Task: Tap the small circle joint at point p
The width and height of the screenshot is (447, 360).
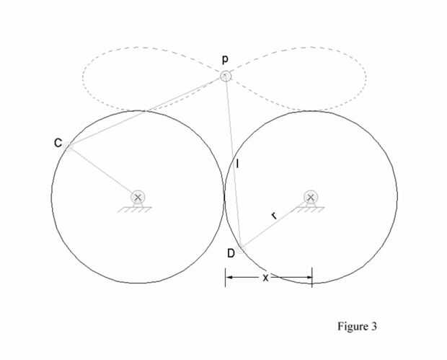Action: click(226, 76)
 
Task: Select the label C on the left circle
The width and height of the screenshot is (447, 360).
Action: click(58, 143)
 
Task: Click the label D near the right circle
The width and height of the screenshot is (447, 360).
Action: click(231, 253)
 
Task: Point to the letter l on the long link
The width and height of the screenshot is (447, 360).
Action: click(237, 164)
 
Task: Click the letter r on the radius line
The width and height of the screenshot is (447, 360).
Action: click(273, 216)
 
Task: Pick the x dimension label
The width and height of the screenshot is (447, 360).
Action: click(265, 277)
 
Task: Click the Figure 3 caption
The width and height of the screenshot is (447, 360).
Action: click(357, 326)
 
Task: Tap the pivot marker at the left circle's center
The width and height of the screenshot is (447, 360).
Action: click(138, 197)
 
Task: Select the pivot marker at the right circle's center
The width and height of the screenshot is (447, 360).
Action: click(311, 197)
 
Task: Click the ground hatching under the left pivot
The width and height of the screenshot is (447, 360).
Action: click(138, 209)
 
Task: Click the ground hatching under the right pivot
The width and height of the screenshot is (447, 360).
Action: click(311, 209)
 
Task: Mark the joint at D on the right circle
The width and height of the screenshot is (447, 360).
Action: click(242, 247)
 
